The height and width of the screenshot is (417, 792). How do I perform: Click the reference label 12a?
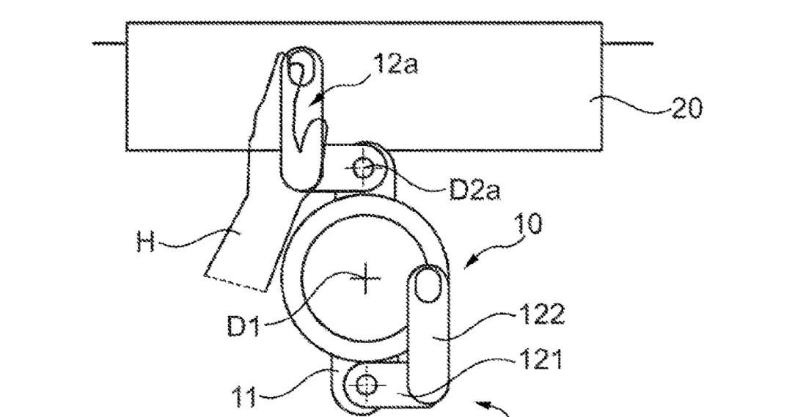[x=396, y=64]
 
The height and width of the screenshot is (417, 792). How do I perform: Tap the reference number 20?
[x=687, y=108]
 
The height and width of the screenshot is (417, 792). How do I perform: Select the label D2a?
[x=474, y=190]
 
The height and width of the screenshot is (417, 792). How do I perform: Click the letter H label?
[x=145, y=241]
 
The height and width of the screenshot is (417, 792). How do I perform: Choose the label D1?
[x=243, y=325]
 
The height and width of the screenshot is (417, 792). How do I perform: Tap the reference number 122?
[x=541, y=315]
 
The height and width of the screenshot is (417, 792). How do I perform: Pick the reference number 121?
[x=541, y=361]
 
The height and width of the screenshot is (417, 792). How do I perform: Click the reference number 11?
[x=244, y=396]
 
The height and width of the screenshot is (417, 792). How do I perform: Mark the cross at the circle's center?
[x=366, y=278]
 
